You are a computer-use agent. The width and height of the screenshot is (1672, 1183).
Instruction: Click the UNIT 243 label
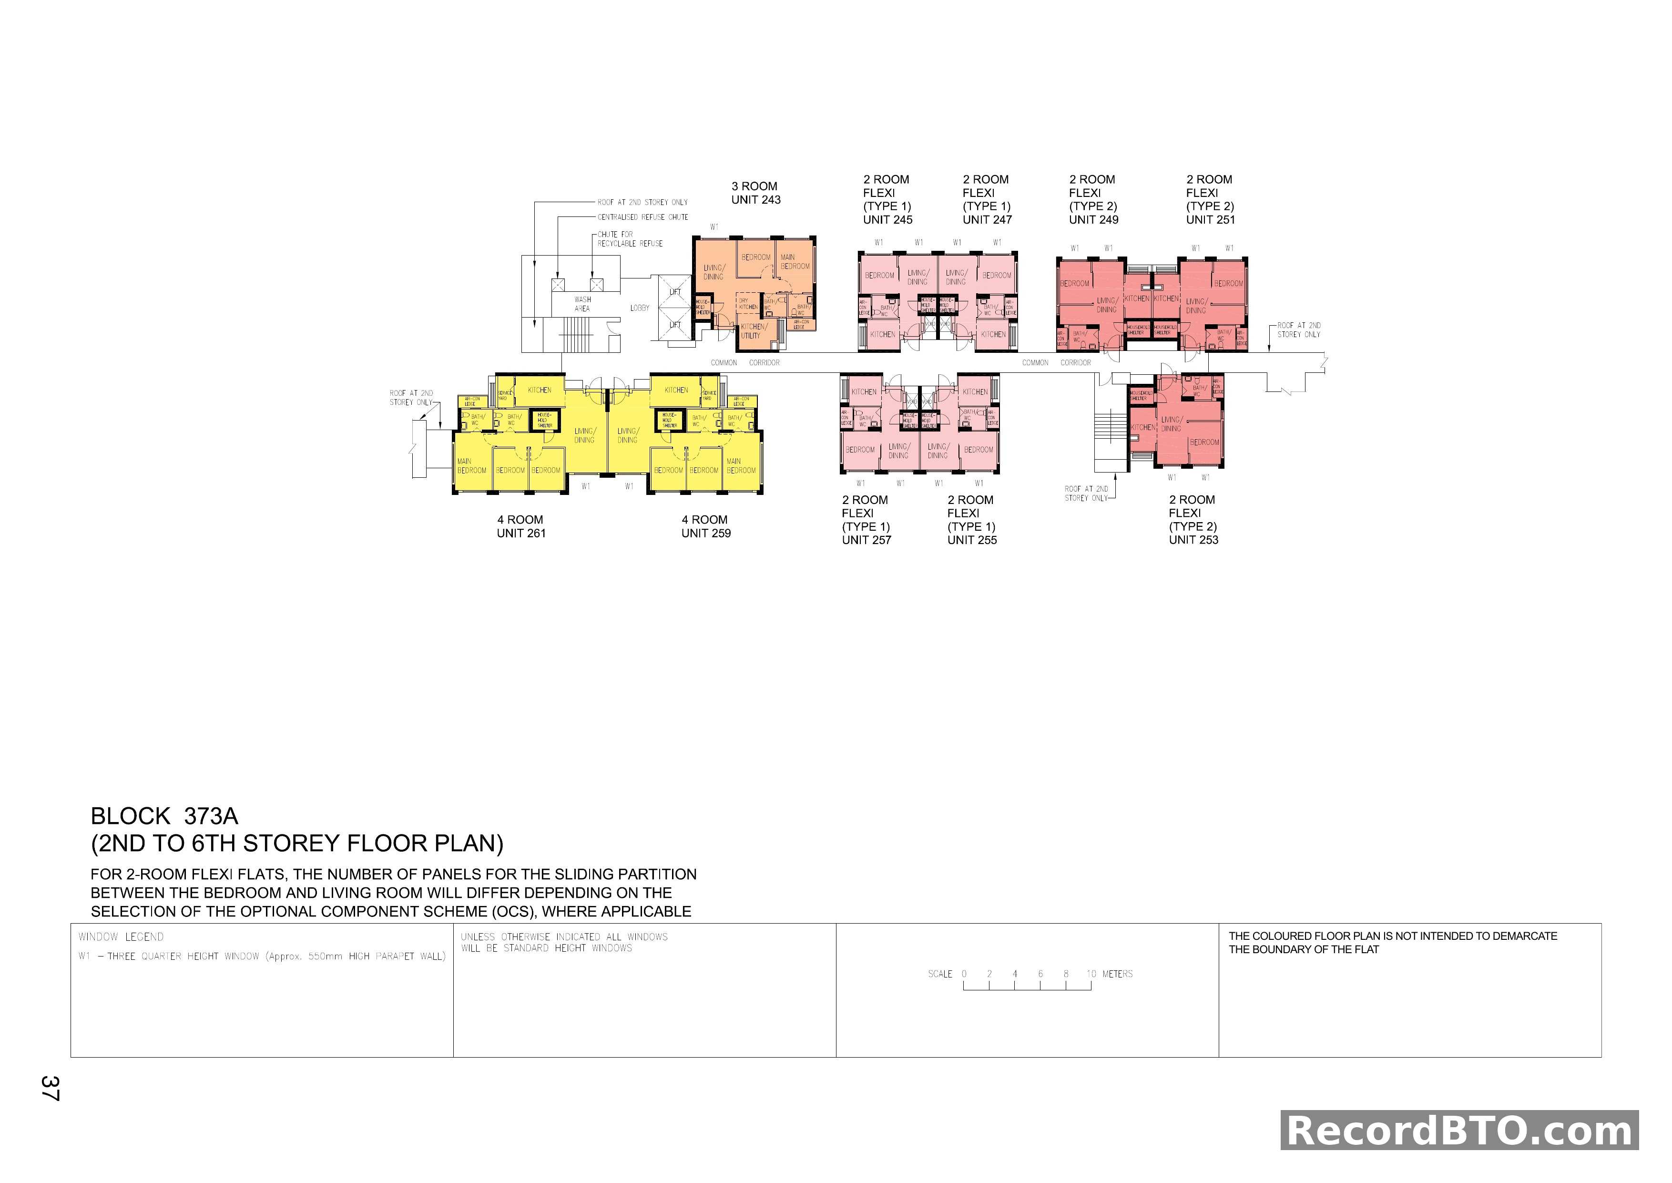tap(756, 200)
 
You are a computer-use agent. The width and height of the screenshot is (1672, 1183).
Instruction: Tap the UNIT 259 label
tap(706, 533)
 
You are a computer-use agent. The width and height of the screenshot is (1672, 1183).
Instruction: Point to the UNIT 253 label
tap(1193, 540)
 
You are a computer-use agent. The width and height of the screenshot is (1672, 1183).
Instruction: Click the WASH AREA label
tap(582, 304)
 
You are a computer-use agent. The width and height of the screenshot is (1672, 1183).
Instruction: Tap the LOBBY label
tap(639, 308)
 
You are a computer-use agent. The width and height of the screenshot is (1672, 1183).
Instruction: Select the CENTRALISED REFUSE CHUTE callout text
tap(642, 217)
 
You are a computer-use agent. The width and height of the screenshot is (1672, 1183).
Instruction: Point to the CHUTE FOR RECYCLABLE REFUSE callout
tap(630, 239)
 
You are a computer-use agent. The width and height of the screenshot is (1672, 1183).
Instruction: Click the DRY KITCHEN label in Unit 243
tap(748, 304)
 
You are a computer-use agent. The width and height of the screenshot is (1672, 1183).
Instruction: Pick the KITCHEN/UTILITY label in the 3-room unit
tap(753, 331)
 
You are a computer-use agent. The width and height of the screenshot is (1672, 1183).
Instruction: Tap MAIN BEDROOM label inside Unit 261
tap(471, 465)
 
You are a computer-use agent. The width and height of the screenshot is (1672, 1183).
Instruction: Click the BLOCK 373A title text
tap(164, 816)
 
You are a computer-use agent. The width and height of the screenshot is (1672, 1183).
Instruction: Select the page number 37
tap(50, 1088)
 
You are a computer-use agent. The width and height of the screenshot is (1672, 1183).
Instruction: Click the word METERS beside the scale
tap(1117, 974)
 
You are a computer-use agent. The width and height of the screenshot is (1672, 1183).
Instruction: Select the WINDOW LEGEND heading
tap(121, 937)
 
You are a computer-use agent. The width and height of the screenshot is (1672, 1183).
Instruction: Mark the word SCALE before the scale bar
tap(939, 974)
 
